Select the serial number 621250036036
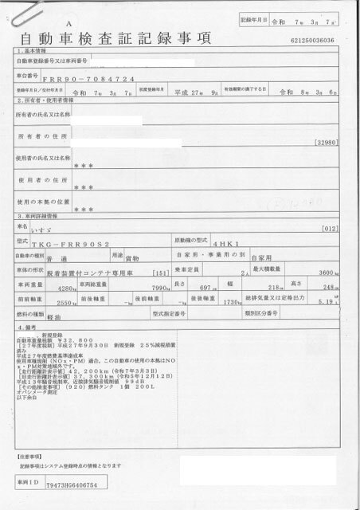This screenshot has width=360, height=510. coord(323,40)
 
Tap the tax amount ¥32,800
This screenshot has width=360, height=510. coord(77,339)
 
